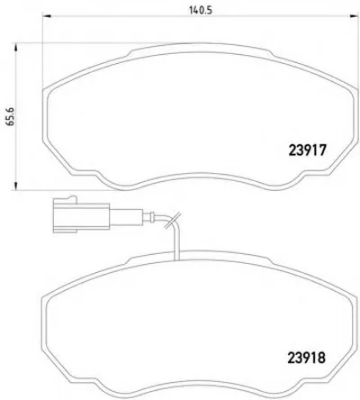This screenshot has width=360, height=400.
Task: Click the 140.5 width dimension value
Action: tap(201, 11)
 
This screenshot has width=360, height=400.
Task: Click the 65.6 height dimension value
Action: tap(11, 117)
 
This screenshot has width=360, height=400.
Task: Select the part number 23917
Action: tap(307, 150)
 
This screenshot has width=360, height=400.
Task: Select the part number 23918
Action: tap(307, 358)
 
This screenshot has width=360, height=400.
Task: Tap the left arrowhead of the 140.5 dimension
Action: tap(47, 15)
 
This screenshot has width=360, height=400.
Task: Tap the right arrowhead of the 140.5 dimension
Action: tap(355, 16)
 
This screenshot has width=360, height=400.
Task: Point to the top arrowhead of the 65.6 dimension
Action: tap(14, 48)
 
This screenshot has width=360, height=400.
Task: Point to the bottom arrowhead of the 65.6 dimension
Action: tap(14, 186)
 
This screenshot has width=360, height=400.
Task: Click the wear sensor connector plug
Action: tap(81, 214)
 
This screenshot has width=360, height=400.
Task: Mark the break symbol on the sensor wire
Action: tap(173, 221)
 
